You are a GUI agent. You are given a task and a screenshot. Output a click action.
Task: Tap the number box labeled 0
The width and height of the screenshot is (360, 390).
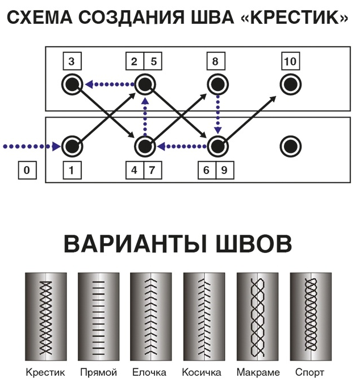tap(27, 170)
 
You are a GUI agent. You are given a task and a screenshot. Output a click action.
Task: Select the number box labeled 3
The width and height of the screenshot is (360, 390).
tap(72, 61)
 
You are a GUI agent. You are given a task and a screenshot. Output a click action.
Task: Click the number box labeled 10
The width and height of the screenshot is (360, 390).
tap(290, 61)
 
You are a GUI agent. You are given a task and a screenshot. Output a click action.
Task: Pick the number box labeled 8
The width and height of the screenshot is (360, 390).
tap(217, 61)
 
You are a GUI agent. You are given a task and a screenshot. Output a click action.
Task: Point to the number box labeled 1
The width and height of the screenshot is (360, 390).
tap(72, 170)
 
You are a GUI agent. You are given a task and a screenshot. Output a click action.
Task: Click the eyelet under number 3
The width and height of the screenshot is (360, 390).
tap(72, 85)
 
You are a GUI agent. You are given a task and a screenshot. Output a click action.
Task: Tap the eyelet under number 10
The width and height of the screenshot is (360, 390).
tap(290, 85)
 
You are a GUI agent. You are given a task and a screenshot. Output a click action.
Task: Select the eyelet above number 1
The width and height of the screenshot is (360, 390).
tap(72, 146)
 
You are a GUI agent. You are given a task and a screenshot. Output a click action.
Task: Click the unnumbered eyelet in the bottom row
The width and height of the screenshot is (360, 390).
tap(290, 146)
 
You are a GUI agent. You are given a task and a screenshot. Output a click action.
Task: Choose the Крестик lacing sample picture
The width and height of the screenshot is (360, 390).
tap(45, 316)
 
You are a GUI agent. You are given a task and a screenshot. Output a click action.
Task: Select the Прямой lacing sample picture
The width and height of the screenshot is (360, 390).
tap(98, 316)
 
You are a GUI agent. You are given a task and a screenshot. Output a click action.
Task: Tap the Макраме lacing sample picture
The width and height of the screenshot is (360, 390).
tap(257, 316)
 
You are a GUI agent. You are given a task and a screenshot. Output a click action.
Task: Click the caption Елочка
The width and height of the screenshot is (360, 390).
tap(150, 373)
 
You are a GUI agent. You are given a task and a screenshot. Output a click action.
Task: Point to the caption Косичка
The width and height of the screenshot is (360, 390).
tap(203, 373)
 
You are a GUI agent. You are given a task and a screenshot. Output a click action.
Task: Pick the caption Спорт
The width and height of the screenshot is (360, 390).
tap(310, 373)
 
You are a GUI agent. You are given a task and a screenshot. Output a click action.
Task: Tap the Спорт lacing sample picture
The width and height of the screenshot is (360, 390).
tap(310, 316)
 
